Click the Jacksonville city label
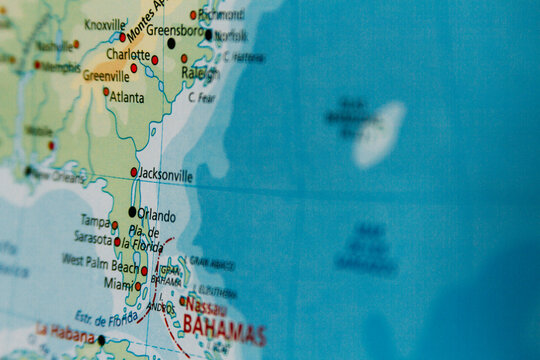166,175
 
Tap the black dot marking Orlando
132,212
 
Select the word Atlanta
126,97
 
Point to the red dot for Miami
138,286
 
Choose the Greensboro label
175,30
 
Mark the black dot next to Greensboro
171,44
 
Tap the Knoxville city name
105,25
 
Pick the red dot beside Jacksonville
134,172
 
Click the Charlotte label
128,54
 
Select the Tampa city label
95,221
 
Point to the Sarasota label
92,238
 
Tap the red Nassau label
206,305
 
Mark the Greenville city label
105,75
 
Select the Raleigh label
200,73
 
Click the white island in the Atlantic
379,134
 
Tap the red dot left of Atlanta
106,91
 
